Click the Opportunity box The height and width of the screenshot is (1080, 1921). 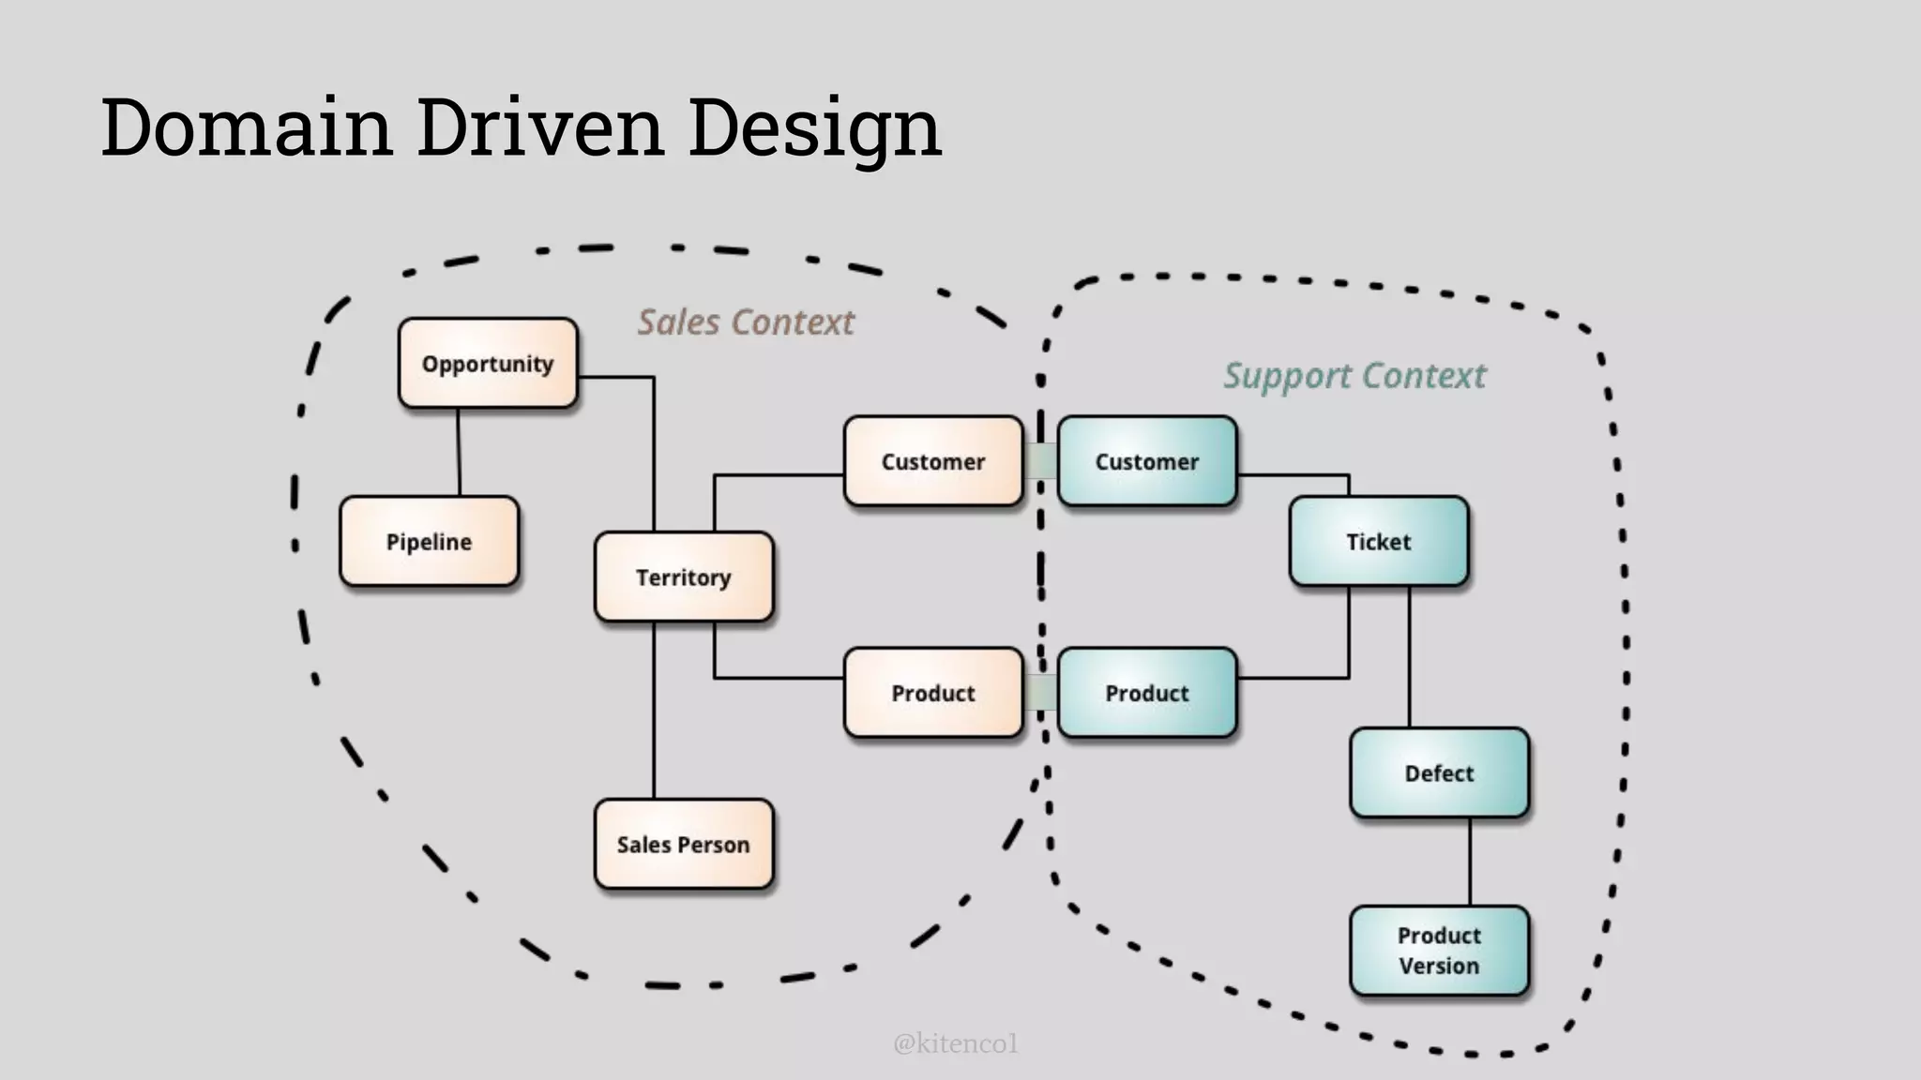[x=488, y=364]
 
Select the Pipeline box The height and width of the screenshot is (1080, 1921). [x=429, y=542]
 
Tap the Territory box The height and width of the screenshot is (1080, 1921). [x=684, y=577]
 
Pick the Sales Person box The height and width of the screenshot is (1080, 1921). [x=684, y=845]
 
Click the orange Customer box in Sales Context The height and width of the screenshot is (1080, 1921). [x=933, y=462]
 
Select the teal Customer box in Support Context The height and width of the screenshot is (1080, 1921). [x=1147, y=462]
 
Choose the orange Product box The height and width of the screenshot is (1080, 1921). [x=933, y=694]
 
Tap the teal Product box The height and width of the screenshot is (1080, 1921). [x=1147, y=694]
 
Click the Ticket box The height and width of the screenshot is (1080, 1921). [x=1379, y=542]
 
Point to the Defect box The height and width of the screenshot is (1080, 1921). [x=1439, y=773]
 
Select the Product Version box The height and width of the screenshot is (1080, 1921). [x=1439, y=951]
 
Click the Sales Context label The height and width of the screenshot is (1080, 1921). [x=746, y=322]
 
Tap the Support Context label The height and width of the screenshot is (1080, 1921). [x=1354, y=376]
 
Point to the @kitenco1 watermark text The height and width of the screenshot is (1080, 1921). [x=955, y=1043]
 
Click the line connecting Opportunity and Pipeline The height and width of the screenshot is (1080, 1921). [x=459, y=453]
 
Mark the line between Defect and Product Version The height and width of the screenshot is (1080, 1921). [x=1470, y=862]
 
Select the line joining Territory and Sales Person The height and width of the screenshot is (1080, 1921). [x=654, y=711]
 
